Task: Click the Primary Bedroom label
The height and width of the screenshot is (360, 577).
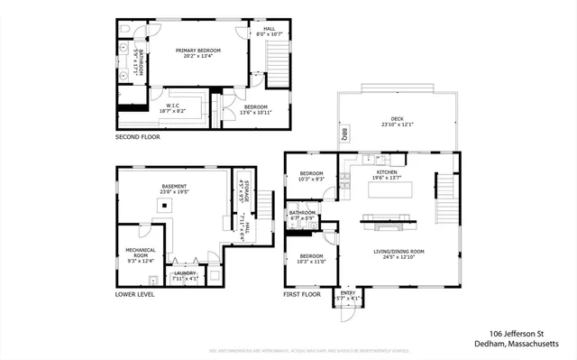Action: pyautogui.click(x=199, y=53)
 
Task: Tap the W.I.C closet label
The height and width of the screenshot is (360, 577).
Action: pyautogui.click(x=173, y=107)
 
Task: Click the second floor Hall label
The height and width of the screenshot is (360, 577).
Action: pyautogui.click(x=269, y=31)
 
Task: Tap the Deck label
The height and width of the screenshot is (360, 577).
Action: pyautogui.click(x=396, y=121)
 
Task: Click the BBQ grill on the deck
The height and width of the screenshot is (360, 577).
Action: pyautogui.click(x=344, y=135)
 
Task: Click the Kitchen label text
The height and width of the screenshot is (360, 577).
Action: pyautogui.click(x=387, y=173)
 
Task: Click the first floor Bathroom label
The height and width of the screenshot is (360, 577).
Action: pyautogui.click(x=301, y=216)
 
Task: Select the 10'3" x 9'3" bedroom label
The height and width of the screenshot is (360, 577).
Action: pyautogui.click(x=311, y=175)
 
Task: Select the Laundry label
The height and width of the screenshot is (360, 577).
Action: pyautogui.click(x=185, y=274)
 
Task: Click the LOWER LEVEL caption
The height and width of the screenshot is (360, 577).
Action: pyautogui.click(x=134, y=294)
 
